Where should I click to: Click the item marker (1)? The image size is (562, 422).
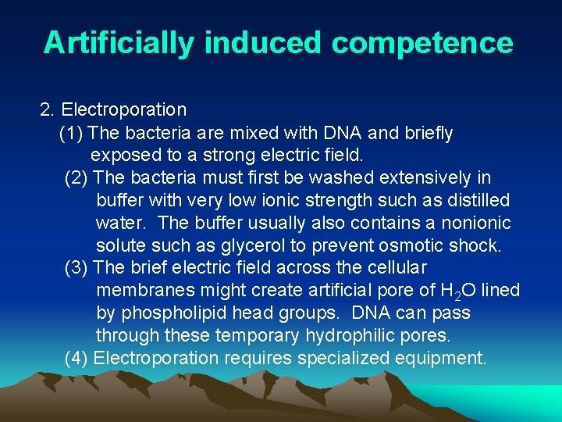73,134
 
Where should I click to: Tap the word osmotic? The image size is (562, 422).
409,245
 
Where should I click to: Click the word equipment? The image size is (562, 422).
444,359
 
